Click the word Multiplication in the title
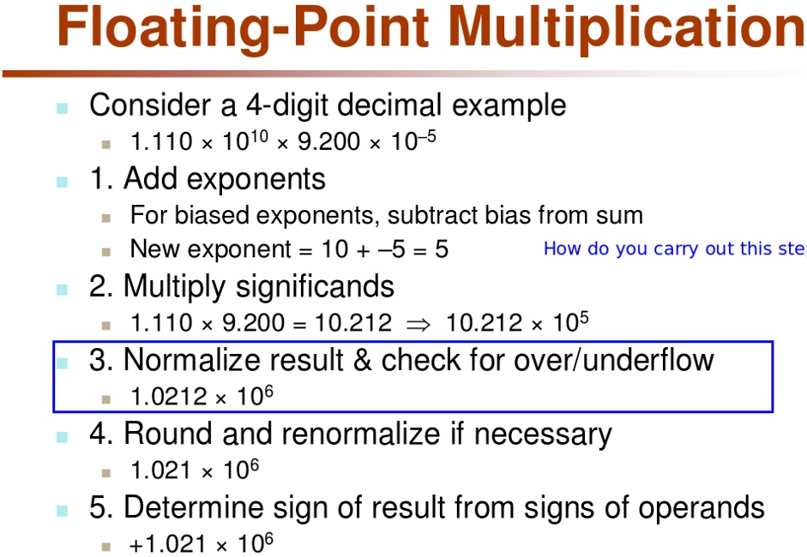[627, 27]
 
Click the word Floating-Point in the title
[243, 27]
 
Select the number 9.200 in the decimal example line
[328, 141]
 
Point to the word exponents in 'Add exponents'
[256, 179]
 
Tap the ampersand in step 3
[362, 360]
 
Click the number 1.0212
[169, 397]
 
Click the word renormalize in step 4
[356, 434]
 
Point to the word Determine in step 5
[193, 507]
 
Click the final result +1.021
[168, 544]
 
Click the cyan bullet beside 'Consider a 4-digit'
[63, 108]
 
